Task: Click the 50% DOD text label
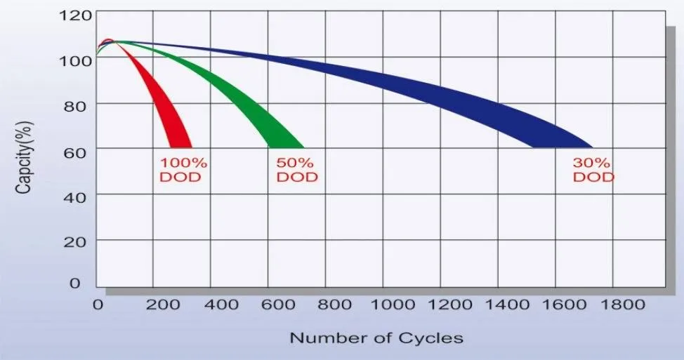[296, 169]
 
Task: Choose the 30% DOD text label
[593, 169]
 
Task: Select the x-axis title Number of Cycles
[376, 338]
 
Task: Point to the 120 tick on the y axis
[75, 15]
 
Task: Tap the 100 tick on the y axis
[75, 60]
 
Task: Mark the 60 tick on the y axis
[79, 149]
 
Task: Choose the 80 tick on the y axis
[79, 105]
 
